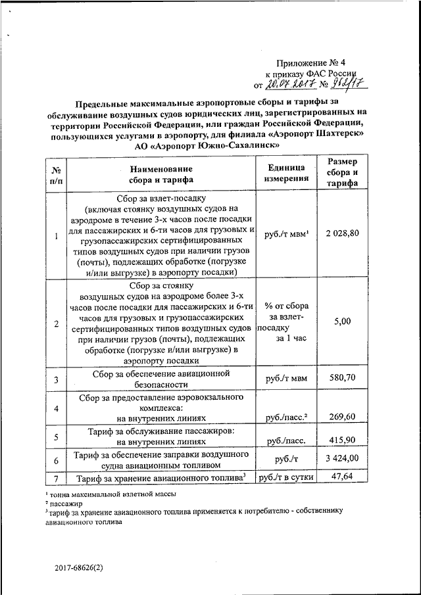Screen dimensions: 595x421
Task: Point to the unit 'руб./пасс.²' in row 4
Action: pyautogui.click(x=287, y=417)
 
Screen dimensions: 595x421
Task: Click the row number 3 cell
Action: pyautogui.click(x=57, y=379)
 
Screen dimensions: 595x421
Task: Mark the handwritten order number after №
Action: pyautogui.click(x=349, y=83)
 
